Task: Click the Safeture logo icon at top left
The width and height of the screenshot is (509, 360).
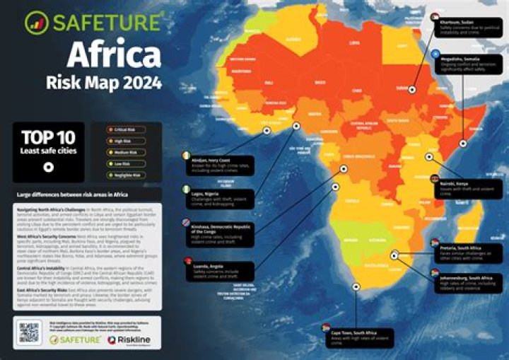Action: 35,23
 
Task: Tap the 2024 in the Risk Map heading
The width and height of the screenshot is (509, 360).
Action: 141,83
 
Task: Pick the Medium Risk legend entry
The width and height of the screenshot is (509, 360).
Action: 127,152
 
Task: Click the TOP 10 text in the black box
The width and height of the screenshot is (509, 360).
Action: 48,137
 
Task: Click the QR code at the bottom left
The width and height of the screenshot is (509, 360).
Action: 28,332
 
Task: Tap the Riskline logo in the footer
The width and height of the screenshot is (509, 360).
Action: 131,340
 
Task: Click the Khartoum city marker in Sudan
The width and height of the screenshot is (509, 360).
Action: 411,90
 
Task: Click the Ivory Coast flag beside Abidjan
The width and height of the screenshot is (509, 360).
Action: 186,156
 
